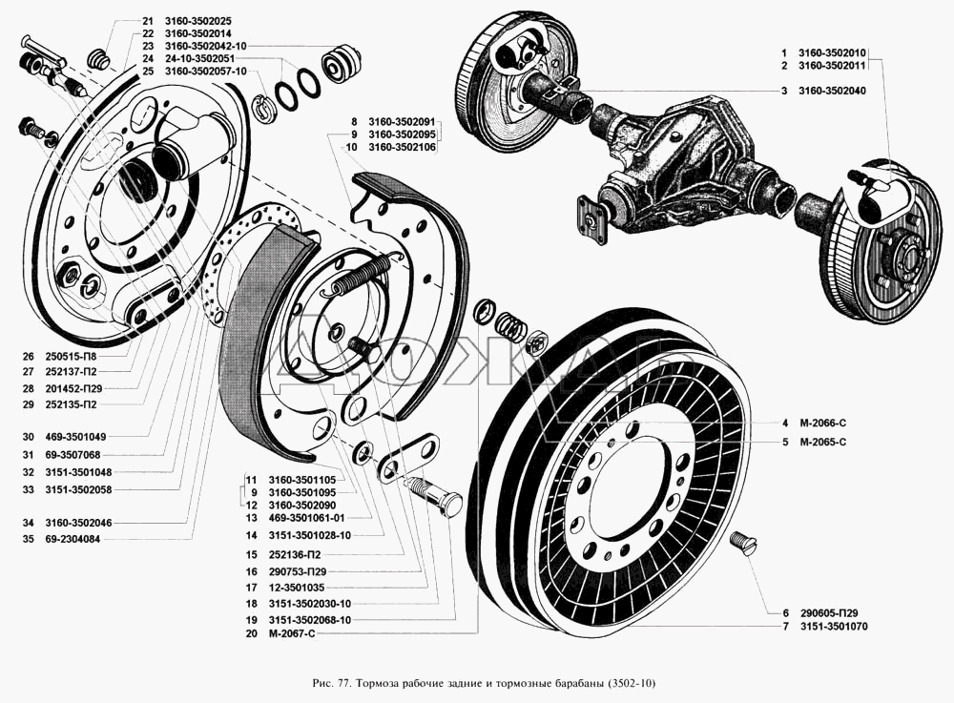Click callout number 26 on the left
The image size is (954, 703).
click(27, 356)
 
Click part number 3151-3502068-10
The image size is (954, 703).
click(312, 620)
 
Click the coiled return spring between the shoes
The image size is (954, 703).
click(360, 275)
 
